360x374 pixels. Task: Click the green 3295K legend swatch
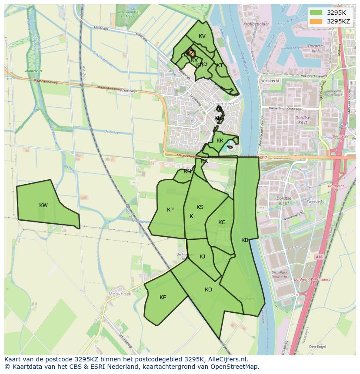(317, 13)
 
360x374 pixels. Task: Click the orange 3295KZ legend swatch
(317, 21)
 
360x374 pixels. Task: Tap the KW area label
(43, 205)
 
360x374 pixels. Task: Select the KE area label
(163, 298)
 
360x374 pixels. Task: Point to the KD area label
(209, 290)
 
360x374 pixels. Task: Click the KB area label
(245, 240)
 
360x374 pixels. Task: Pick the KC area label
(222, 222)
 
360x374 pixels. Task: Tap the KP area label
(170, 210)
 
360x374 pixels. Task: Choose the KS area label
(200, 207)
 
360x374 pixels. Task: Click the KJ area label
(203, 257)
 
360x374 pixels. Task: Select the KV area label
(202, 36)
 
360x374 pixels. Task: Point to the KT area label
(220, 66)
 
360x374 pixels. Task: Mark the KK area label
(220, 141)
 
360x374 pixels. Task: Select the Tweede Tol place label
(316, 202)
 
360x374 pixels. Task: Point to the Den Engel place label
(318, 347)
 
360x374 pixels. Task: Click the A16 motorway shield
(320, 257)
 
